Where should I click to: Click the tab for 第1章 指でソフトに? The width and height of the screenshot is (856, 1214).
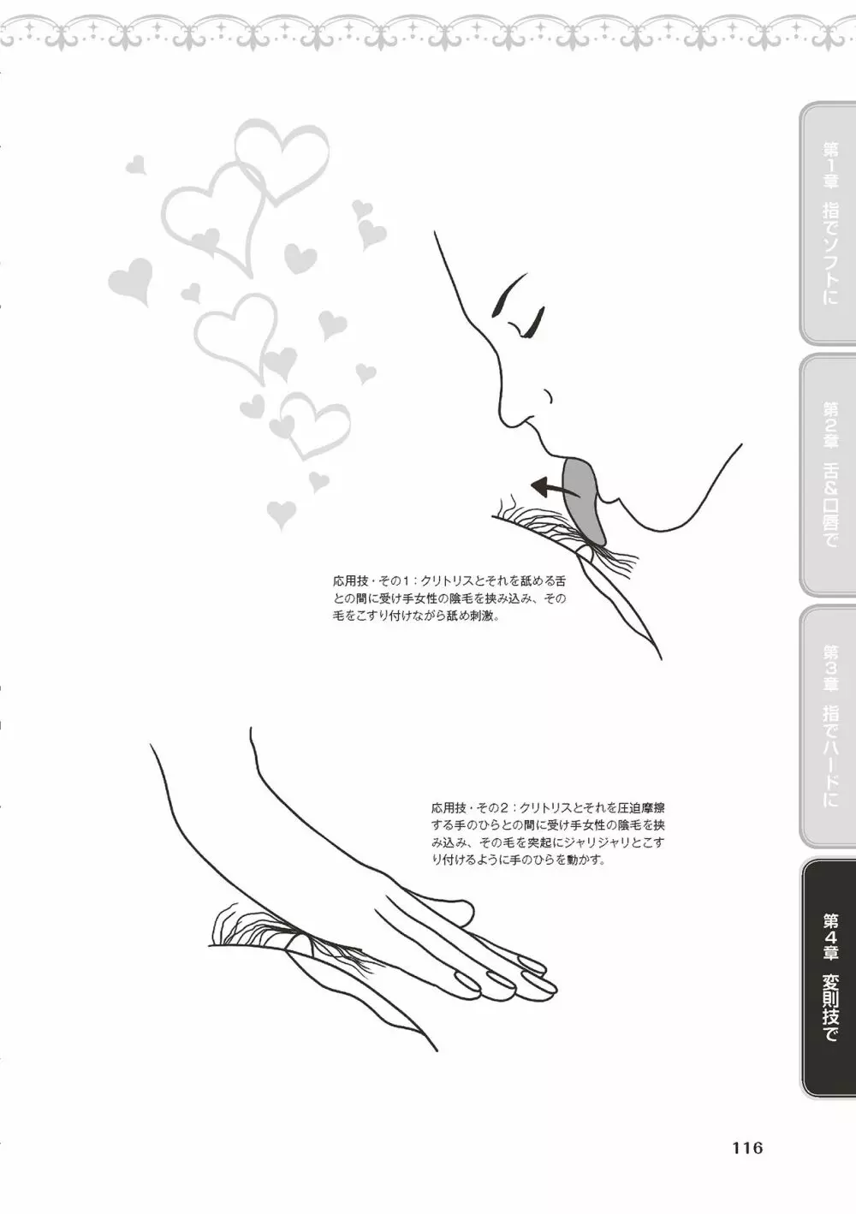pyautogui.click(x=827, y=223)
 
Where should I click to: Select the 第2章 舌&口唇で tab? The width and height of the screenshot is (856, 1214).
pyautogui.click(x=827, y=473)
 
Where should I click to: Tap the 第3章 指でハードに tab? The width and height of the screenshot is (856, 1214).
pyautogui.click(x=827, y=725)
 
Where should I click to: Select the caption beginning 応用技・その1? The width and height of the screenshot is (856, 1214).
pyautogui.click(x=449, y=599)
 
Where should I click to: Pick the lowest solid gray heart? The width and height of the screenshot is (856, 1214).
pyautogui.click(x=282, y=514)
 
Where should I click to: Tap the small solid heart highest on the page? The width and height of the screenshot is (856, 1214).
pyautogui.click(x=136, y=164)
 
